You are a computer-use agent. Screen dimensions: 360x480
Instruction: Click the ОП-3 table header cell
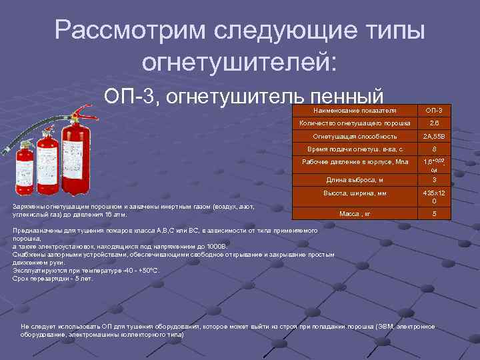pyautogui.click(x=434, y=109)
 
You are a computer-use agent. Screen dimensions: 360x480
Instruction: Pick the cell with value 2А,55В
pyautogui.click(x=434, y=136)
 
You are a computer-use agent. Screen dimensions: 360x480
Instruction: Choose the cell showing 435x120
pyautogui.click(x=434, y=197)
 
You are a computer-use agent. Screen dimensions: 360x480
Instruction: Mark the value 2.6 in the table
pyautogui.click(x=434, y=123)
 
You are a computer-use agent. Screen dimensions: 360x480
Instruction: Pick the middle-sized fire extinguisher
pyautogui.click(x=47, y=163)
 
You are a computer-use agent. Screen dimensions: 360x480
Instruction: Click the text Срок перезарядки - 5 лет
pyautogui.click(x=53, y=279)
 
